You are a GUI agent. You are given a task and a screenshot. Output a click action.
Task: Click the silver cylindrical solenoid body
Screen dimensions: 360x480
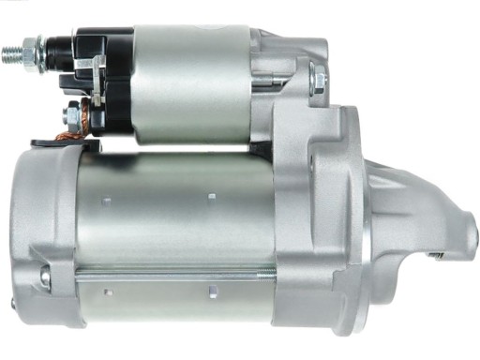pyautogui.click(x=187, y=84)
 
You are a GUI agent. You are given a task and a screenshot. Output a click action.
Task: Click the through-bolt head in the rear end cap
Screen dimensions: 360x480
pyautogui.click(x=46, y=276)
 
